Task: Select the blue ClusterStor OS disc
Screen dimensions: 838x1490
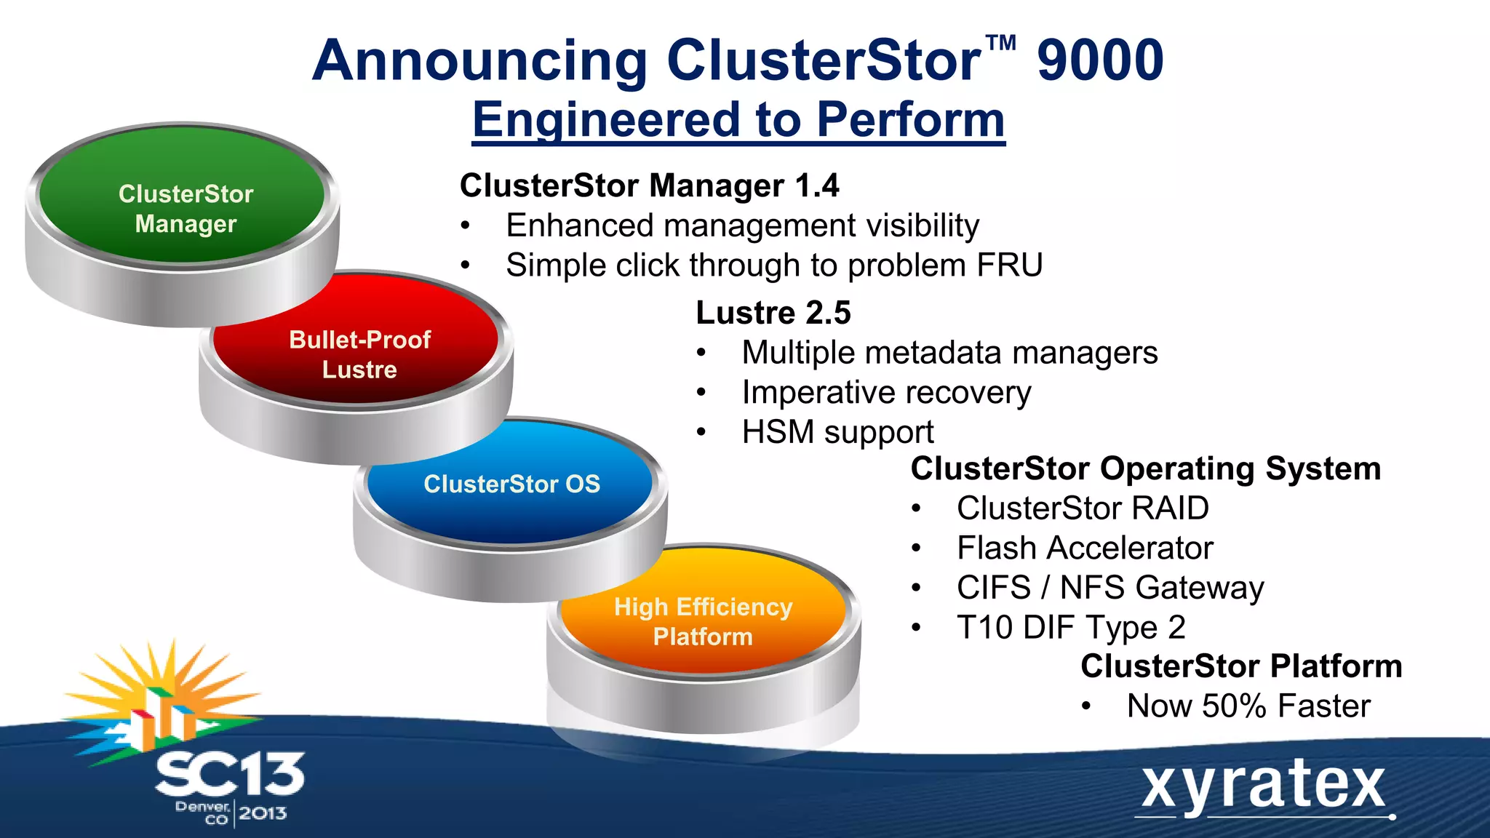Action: coord(511,484)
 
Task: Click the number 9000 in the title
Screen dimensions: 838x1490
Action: coord(1100,61)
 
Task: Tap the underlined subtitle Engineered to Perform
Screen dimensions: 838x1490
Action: coord(738,120)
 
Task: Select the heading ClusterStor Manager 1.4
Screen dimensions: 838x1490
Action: coord(649,185)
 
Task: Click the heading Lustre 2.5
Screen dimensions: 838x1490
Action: coord(773,313)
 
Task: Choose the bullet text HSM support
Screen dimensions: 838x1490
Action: coord(837,432)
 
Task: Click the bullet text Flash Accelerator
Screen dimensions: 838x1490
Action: coord(1084,548)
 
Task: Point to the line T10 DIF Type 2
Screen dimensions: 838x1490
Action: coord(1070,627)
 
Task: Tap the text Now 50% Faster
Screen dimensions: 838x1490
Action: coord(1248,706)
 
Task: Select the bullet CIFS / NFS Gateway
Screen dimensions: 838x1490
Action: coord(1109,588)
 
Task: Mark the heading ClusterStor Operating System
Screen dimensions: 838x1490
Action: coord(1145,468)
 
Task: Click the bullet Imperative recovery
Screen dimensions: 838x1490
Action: coord(885,393)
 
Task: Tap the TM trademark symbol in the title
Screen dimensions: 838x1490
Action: coord(1001,44)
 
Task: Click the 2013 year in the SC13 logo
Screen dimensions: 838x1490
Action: coord(263,813)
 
